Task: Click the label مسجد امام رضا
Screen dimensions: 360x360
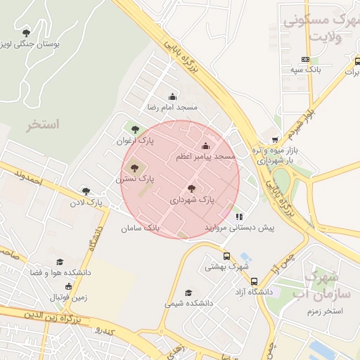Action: pos(172,108)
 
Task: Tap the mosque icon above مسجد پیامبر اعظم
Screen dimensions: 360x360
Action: pos(206,146)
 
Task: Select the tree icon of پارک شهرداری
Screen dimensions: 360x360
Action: pos(192,188)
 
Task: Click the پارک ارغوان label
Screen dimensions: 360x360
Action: pos(135,141)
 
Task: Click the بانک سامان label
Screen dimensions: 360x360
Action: pos(141,229)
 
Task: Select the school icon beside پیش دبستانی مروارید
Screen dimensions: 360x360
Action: pos(239,217)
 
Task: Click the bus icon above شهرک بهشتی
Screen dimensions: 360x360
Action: pos(226,256)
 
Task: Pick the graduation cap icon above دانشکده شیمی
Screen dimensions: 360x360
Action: pos(188,292)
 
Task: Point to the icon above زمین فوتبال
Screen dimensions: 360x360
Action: pos(68,286)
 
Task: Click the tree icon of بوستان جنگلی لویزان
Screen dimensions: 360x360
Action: pos(27,32)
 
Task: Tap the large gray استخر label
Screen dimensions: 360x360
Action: pos(44,124)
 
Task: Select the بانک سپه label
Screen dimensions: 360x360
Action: pos(305,70)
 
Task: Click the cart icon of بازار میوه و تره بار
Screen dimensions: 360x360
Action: pos(275,140)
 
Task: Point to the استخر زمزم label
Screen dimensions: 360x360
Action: pos(324,310)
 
